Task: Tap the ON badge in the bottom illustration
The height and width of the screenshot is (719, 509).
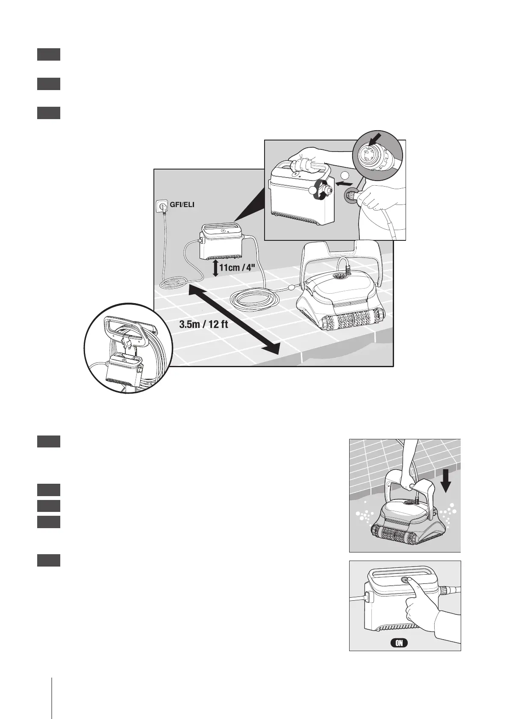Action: [399, 655]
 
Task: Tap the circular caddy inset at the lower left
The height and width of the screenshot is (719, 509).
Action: [128, 348]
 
